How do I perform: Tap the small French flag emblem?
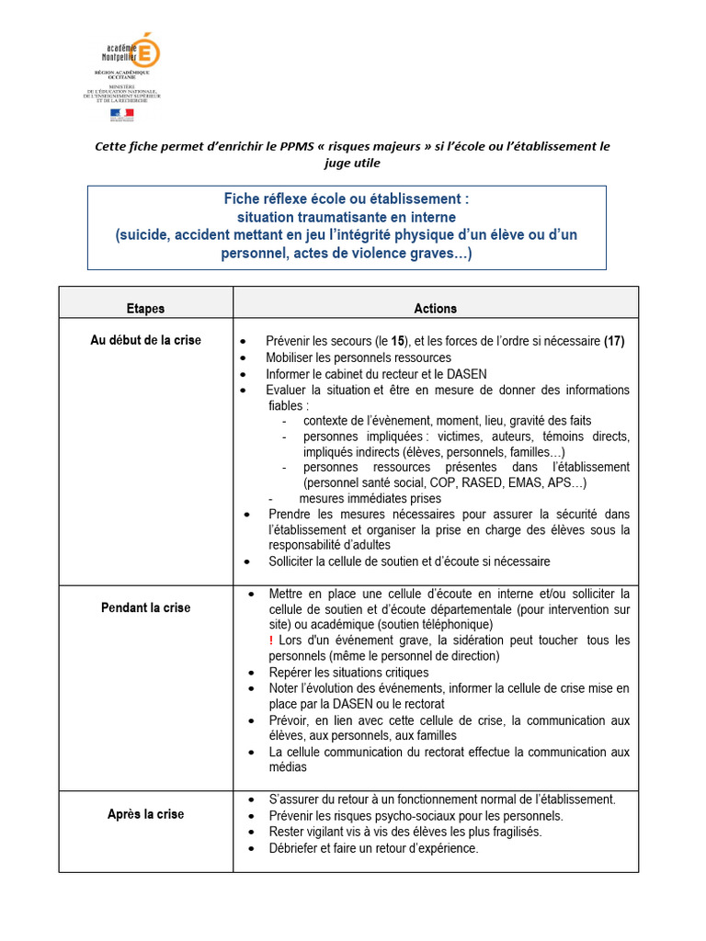(122, 114)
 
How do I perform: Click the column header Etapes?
(145, 309)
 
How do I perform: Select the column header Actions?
(435, 309)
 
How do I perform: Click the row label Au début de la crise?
(145, 340)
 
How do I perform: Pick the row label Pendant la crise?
(145, 608)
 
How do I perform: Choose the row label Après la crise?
(145, 814)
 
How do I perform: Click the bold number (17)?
(614, 341)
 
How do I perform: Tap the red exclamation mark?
(271, 641)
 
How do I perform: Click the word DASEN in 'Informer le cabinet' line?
(467, 374)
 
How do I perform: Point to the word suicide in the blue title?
(142, 235)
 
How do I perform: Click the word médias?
(288, 767)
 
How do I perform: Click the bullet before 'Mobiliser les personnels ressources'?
(243, 358)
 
